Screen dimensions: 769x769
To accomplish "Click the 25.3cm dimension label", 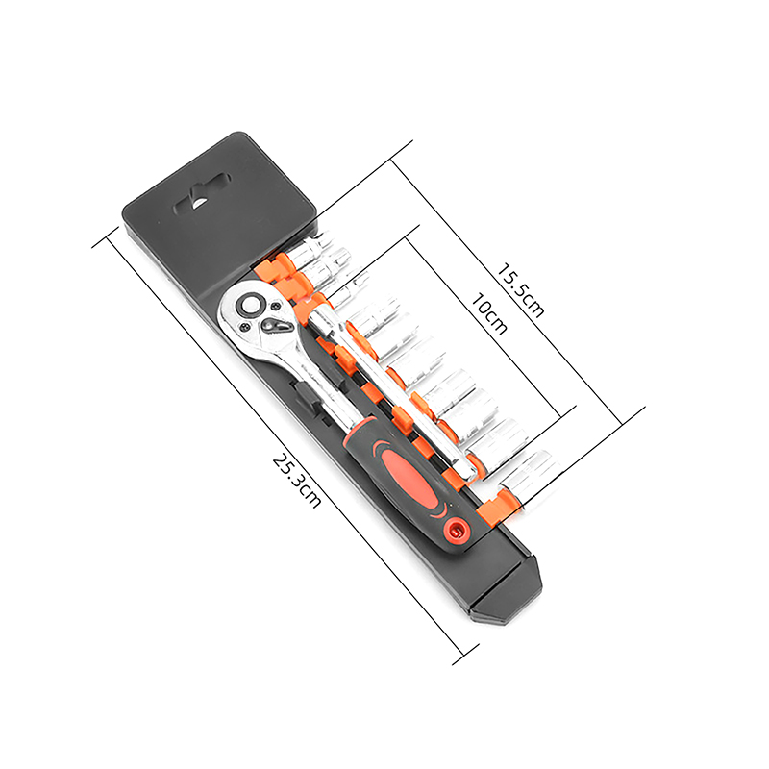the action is point(297,481).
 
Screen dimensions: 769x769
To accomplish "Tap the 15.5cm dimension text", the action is point(520,291).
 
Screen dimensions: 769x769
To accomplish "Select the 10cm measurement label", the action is point(489,314).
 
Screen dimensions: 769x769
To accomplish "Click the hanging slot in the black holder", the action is point(202,194).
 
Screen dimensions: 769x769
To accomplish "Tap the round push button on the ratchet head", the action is point(250,304).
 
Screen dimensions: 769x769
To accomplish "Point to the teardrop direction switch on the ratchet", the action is point(275,324).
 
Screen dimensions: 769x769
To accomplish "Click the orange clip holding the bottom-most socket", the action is point(496,508).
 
